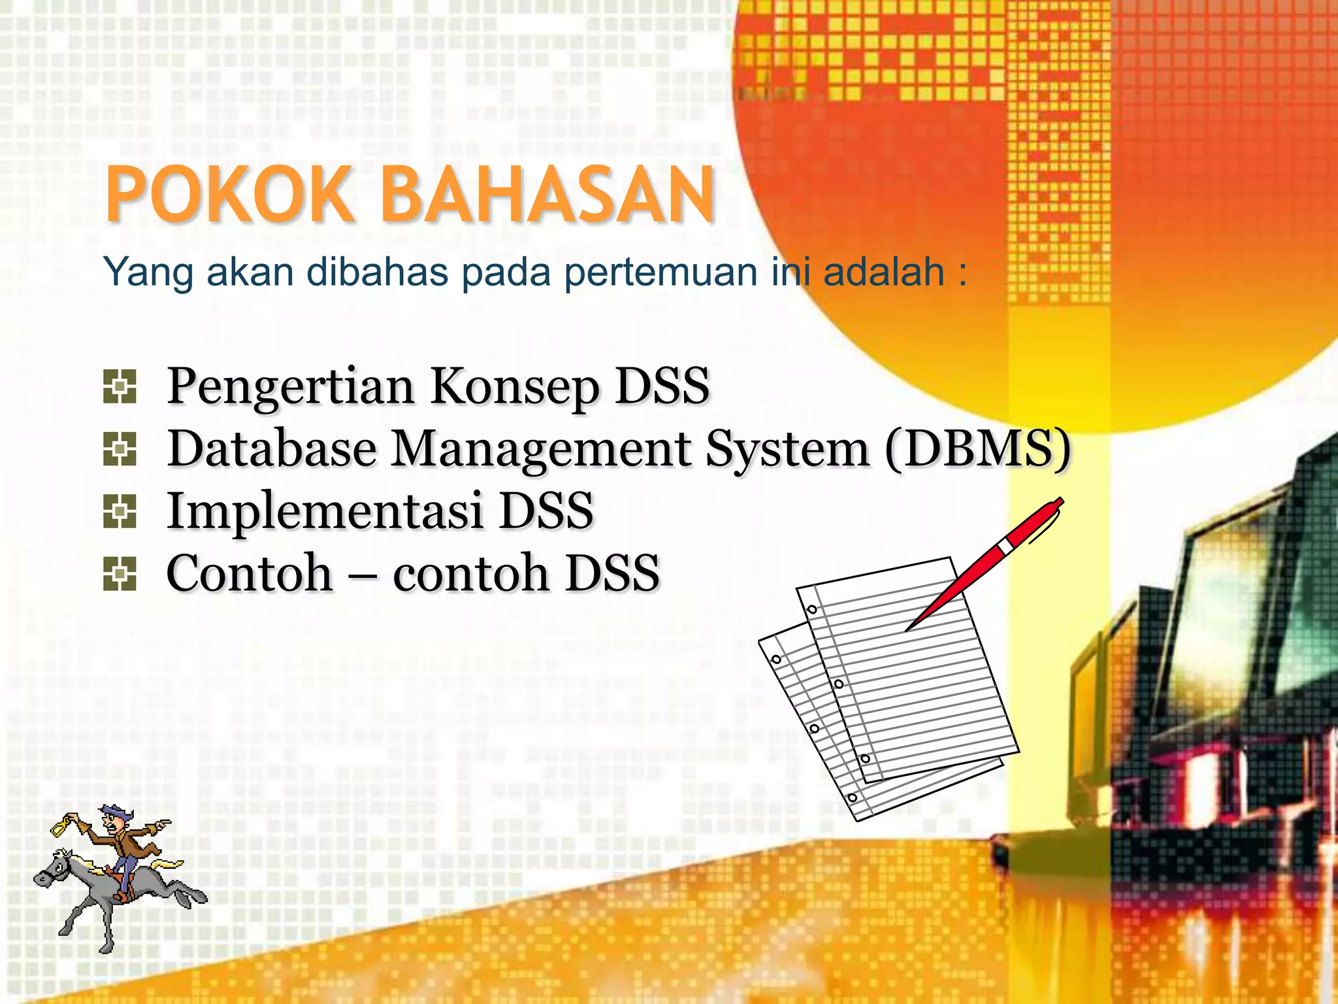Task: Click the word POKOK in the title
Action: pyautogui.click(x=229, y=195)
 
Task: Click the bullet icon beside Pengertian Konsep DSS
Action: pyautogui.click(x=120, y=386)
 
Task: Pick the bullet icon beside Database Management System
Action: pyautogui.click(x=120, y=449)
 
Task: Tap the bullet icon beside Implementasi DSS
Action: pyautogui.click(x=120, y=511)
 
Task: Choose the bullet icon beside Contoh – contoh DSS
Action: pyautogui.click(x=120, y=574)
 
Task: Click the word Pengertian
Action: pyautogui.click(x=291, y=387)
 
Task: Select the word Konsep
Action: pyautogui.click(x=515, y=387)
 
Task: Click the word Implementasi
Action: pyautogui.click(x=325, y=511)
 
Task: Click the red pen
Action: pyautogui.click(x=987, y=562)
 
